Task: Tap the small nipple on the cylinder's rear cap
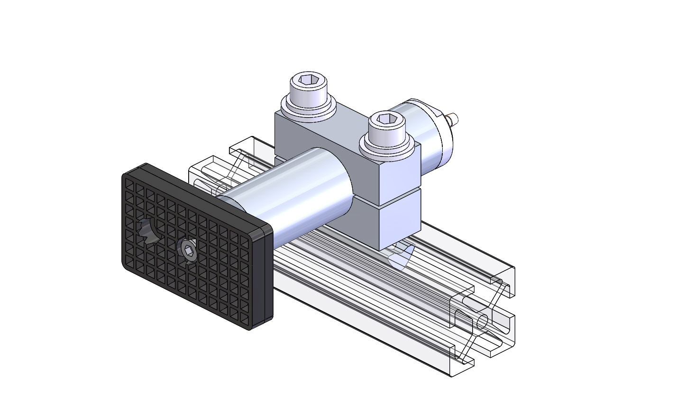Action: pos(453,117)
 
